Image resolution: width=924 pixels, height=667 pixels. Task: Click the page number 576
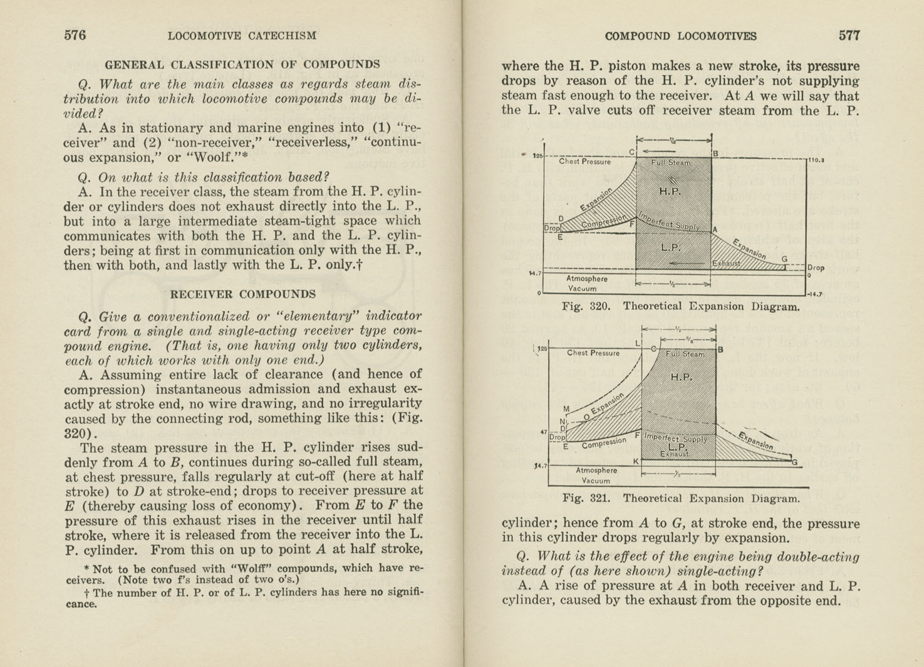[75, 35]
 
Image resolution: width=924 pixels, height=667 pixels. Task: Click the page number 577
[849, 36]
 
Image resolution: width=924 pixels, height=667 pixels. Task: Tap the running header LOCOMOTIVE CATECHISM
[242, 36]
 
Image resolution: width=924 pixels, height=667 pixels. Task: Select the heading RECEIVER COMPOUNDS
[242, 294]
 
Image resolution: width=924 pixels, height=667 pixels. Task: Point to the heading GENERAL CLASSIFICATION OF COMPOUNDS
[242, 64]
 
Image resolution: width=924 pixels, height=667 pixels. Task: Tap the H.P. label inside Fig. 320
[670, 191]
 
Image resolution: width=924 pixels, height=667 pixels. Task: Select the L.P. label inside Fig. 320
[671, 247]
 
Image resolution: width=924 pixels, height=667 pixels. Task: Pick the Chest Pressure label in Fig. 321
[593, 353]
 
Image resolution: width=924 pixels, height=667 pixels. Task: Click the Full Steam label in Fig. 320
[671, 163]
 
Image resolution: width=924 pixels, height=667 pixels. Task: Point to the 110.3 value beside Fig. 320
[815, 160]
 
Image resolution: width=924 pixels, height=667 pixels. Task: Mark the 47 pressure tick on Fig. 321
[543, 432]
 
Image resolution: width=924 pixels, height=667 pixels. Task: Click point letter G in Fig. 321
[795, 462]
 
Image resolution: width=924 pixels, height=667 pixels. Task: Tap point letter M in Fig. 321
[566, 409]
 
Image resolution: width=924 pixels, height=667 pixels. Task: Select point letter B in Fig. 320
[715, 153]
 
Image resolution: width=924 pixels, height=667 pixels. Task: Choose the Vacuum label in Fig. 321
[595, 481]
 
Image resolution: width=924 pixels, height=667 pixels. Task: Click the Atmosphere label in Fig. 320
[586, 279]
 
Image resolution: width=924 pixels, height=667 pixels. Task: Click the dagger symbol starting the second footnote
[86, 592]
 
